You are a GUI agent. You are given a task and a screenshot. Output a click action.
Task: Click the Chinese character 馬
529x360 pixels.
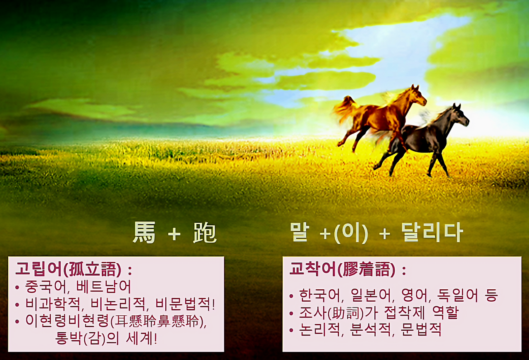pyautogui.click(x=144, y=233)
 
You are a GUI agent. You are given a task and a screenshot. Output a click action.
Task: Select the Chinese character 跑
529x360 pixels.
pyautogui.click(x=205, y=233)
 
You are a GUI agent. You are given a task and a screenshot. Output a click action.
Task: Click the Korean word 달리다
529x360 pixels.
pyautogui.click(x=432, y=233)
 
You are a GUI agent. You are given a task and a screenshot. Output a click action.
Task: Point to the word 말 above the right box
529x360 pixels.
pyautogui.click(x=300, y=233)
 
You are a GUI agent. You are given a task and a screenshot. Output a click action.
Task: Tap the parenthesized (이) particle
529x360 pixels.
pyautogui.click(x=350, y=234)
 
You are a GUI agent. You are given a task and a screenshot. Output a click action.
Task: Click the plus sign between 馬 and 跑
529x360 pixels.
pyautogui.click(x=174, y=234)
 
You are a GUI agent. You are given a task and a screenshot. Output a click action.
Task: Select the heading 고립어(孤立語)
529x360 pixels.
pyautogui.click(x=68, y=269)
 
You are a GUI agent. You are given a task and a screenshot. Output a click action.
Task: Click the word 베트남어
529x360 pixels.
pyautogui.click(x=104, y=286)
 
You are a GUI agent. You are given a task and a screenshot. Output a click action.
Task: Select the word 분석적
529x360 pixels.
pyautogui.click(x=371, y=330)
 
